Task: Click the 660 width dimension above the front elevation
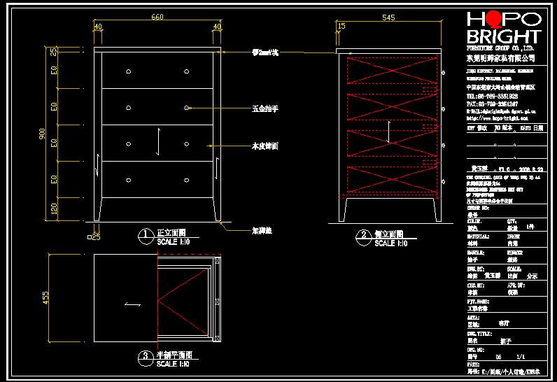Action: click(157, 17)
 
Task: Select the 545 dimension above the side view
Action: click(389, 17)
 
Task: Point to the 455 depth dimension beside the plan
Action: click(46, 298)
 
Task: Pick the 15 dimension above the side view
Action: click(341, 27)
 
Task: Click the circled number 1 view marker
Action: click(146, 235)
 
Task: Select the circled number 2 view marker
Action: click(363, 236)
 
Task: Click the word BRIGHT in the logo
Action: click(503, 36)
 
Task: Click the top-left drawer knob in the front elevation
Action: click(128, 71)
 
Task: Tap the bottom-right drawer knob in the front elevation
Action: click(188, 180)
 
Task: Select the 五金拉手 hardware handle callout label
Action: click(265, 109)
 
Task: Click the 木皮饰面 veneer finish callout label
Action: click(265, 146)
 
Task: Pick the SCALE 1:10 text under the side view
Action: click(390, 243)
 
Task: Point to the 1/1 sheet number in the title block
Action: click(520, 356)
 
